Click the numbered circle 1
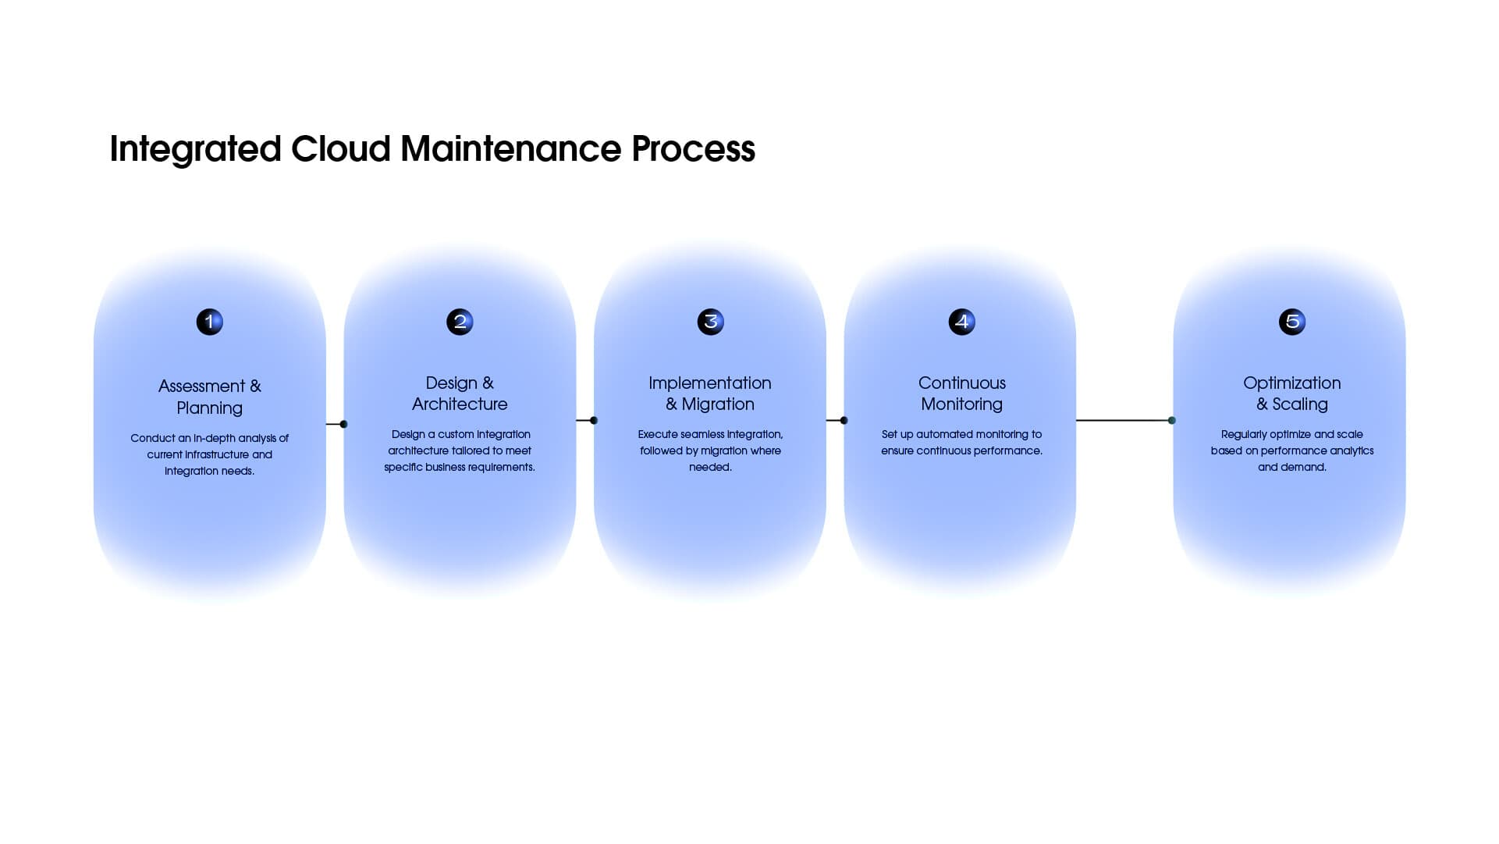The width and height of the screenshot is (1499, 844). pos(209,322)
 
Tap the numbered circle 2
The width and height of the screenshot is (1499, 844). pos(460,322)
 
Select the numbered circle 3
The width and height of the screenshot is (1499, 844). pos(710,322)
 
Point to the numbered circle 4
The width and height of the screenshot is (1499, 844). pos(961,322)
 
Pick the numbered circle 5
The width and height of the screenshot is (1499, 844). pos(1291,322)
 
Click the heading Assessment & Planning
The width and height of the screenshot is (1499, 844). pos(209,397)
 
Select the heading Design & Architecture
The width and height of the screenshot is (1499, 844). pos(460,394)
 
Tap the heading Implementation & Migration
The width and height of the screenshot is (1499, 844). pos(710,394)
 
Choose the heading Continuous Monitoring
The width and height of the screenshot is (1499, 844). pos(961,394)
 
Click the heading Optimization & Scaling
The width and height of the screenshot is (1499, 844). pos(1291,394)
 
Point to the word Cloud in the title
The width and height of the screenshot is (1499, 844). pos(340,148)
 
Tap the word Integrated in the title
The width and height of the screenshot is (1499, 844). pos(195,148)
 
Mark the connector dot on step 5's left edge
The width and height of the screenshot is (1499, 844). pos(1171,420)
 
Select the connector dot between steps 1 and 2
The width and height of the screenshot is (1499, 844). pos(343,424)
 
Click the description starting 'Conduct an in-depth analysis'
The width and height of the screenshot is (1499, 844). pos(209,454)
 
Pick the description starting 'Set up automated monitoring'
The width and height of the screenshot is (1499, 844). pos(961,443)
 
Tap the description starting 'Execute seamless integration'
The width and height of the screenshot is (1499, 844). pos(710,450)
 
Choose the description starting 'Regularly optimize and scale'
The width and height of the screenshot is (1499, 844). pos(1291,450)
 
